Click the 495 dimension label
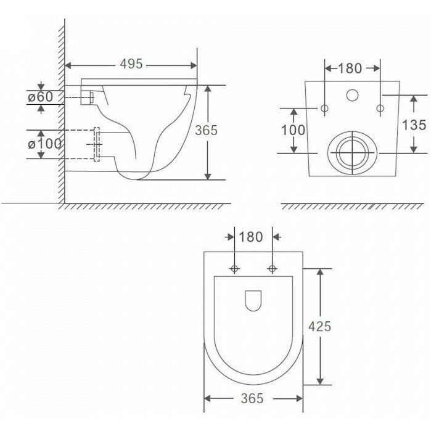[131, 64]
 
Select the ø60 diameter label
[41, 97]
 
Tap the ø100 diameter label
[44, 144]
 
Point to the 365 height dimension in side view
[206, 130]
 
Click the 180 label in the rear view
[350, 68]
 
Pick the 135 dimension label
[414, 125]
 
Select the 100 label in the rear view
[293, 130]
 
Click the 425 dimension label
[319, 327]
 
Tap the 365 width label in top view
[252, 398]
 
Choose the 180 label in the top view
[251, 237]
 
